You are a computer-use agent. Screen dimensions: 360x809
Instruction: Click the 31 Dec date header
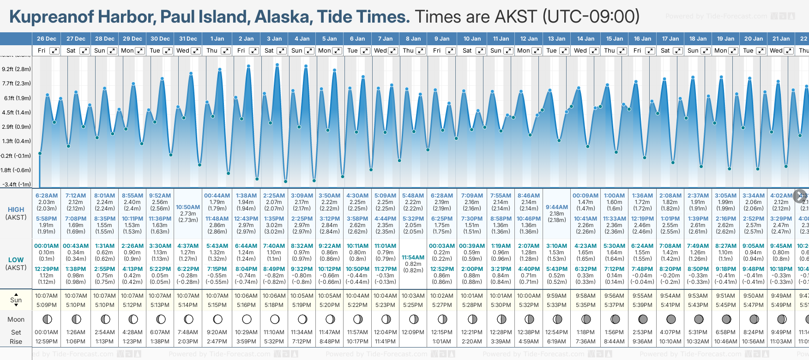coord(188,39)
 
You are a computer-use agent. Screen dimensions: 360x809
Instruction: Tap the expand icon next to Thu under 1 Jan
coord(225,51)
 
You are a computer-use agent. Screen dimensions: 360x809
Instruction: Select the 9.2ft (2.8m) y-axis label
coord(17,69)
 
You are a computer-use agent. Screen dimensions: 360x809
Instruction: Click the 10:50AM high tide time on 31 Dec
coord(188,207)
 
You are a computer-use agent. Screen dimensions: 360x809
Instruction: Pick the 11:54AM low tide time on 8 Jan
coord(413,258)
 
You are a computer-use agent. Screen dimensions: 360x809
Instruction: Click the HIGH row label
coord(16,210)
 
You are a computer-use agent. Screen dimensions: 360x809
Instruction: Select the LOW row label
coord(16,260)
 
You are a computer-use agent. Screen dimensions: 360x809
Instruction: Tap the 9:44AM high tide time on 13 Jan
coord(556,207)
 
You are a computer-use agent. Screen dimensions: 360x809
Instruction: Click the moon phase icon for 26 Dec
coord(47,319)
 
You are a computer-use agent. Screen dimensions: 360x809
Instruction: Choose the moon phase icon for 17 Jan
coord(671,319)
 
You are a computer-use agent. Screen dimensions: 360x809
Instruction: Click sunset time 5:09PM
coord(47,305)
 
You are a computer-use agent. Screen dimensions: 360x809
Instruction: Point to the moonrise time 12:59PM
coord(47,342)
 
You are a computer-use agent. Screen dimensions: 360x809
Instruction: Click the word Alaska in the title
coord(282,17)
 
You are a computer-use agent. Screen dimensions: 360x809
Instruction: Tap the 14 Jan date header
coord(586,39)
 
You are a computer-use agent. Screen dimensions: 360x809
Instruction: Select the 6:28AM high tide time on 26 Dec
coord(47,196)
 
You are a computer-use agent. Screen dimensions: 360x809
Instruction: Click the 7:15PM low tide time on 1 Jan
coord(217,269)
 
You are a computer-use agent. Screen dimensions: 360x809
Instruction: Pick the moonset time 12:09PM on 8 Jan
coord(413,332)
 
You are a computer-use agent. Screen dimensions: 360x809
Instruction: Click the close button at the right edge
coord(800,195)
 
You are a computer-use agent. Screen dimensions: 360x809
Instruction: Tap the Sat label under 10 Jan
coord(467,51)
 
